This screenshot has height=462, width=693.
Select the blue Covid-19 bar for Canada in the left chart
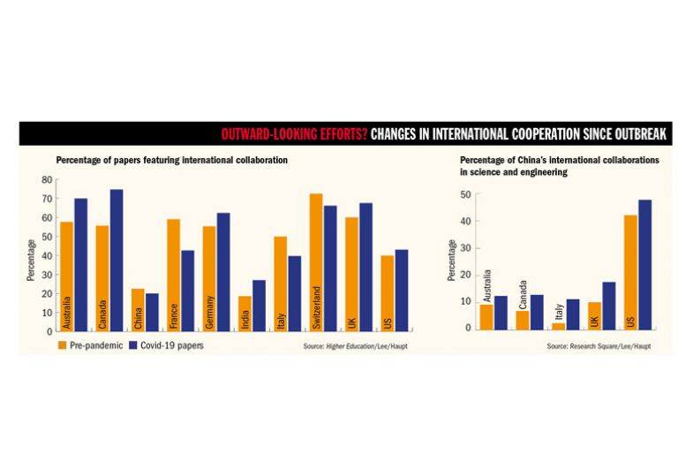[x=117, y=260]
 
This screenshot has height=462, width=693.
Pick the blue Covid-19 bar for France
[x=187, y=291]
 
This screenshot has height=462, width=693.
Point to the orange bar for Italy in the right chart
[x=558, y=326]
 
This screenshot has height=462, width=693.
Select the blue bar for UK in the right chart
[x=609, y=306]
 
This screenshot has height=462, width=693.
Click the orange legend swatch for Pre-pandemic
[x=64, y=345]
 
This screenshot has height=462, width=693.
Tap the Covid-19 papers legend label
[x=173, y=345]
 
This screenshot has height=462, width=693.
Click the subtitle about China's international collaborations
[x=560, y=166]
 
